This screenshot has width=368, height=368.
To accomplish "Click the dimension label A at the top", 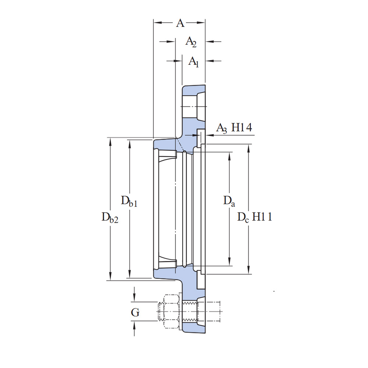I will click(x=180, y=23).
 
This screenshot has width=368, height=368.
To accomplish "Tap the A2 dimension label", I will click(x=191, y=42).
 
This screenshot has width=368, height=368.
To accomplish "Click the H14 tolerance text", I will click(x=242, y=128).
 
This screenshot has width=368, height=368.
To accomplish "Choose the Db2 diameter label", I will click(x=110, y=217).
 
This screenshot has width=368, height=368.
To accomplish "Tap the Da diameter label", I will click(x=229, y=201).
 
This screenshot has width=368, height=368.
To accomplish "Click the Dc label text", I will click(x=243, y=217).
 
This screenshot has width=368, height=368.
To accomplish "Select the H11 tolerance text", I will click(x=262, y=217).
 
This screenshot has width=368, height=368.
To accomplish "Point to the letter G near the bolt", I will click(x=135, y=313).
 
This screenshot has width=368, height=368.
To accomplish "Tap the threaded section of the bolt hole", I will click(x=190, y=311).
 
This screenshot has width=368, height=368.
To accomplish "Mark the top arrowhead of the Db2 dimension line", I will click(x=110, y=141).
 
